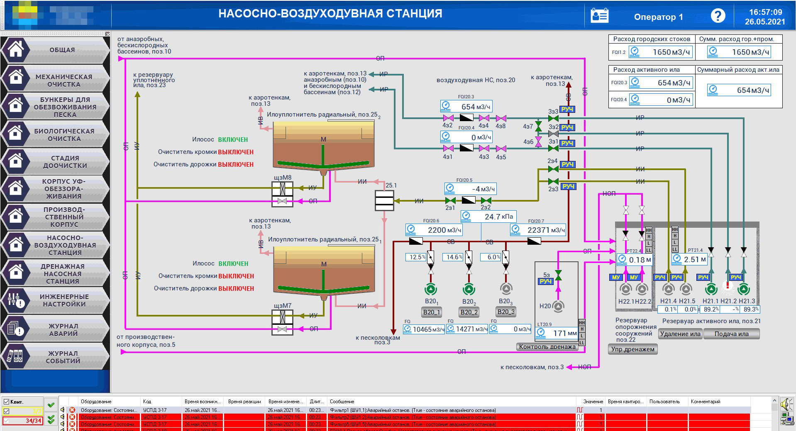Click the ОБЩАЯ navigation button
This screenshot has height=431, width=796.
62,50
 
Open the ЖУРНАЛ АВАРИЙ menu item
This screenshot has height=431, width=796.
63,330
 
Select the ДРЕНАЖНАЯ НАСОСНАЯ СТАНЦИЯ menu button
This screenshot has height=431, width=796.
63,274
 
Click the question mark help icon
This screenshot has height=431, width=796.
718,16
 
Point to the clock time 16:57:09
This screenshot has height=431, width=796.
765,12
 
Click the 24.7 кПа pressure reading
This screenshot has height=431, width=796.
498,217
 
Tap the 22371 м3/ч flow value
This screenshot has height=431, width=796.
546,230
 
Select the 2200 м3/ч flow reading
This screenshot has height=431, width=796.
444,230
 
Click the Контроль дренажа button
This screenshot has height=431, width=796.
547,347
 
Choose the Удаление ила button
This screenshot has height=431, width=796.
680,334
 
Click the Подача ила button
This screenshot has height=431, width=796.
731,334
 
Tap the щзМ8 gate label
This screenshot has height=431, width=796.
282,178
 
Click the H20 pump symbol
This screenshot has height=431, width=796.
559,306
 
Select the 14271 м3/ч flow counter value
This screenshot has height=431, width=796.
471,329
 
